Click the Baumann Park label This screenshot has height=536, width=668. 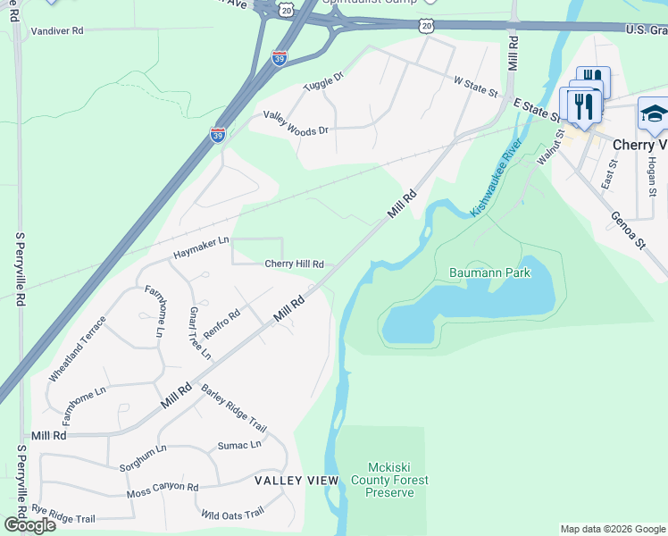(489, 272)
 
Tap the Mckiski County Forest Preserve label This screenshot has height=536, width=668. (398, 480)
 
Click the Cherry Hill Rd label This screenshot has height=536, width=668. (293, 264)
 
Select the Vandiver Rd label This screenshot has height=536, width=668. (56, 30)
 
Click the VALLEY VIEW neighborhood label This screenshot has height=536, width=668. (296, 481)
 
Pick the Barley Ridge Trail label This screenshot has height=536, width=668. (235, 408)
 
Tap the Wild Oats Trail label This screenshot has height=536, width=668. (232, 513)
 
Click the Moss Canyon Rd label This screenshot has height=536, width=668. (162, 488)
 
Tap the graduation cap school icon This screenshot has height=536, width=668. (653, 113)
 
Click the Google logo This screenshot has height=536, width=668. (29, 525)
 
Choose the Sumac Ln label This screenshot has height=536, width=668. (239, 444)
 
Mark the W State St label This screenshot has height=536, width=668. (474, 88)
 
